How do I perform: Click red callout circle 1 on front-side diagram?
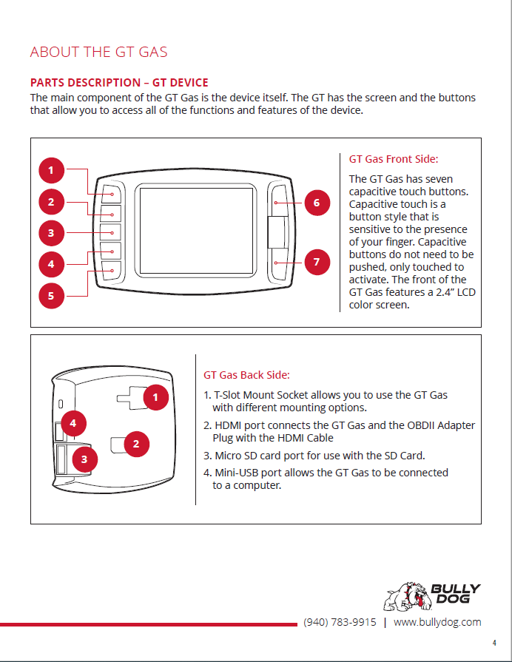coord(51,171)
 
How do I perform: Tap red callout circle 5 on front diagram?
coord(51,296)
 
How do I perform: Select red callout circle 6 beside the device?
coord(317,202)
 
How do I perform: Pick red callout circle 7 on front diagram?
coord(317,262)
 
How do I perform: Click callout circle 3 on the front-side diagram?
coord(51,234)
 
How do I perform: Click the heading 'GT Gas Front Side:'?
coord(394,159)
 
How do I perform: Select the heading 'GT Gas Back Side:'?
coord(246,375)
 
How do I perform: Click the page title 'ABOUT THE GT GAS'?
coord(98,52)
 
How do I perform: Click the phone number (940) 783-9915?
coord(340,622)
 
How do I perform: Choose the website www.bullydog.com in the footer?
coord(437,622)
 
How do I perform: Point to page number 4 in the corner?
coord(494,643)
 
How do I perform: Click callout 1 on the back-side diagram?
coord(155,397)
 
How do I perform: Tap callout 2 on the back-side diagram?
coord(136,444)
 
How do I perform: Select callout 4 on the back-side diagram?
coord(73,423)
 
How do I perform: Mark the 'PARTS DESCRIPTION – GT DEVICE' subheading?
coord(119,83)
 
